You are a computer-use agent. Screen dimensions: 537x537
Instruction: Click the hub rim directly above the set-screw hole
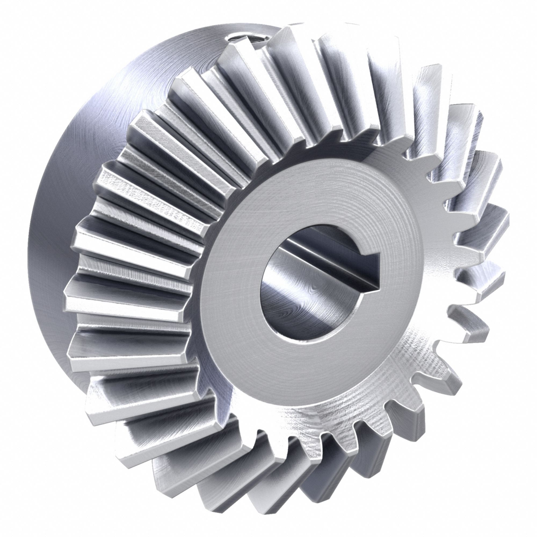pyautogui.click(x=245, y=26)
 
